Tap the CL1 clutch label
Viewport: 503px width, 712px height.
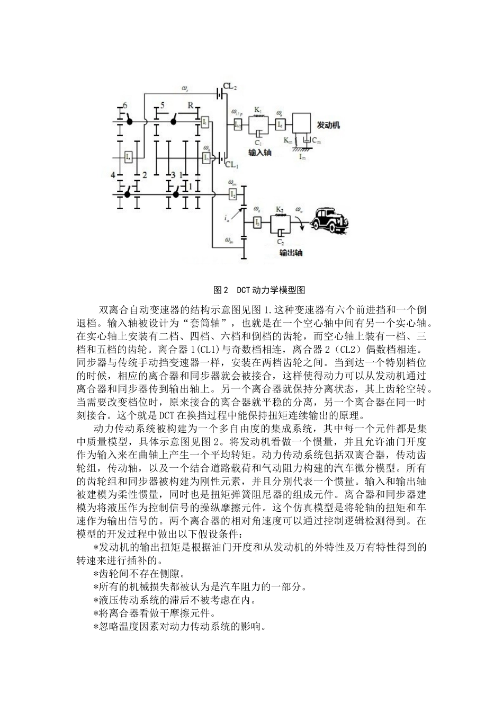pyautogui.click(x=231, y=165)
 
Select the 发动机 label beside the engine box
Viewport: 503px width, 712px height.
pyautogui.click(x=328, y=126)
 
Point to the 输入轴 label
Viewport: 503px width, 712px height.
pyautogui.click(x=260, y=153)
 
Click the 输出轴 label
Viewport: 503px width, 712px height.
pyautogui.click(x=290, y=253)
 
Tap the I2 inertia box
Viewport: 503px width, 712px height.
pyautogui.click(x=232, y=194)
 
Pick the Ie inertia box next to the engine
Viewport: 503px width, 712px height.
pyautogui.click(x=281, y=124)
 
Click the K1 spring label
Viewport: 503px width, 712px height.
pyautogui.click(x=257, y=110)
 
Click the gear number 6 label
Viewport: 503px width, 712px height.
pyautogui.click(x=125, y=105)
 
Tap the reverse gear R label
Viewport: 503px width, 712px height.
pyautogui.click(x=190, y=105)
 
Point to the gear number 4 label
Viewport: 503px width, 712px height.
pyautogui.click(x=113, y=175)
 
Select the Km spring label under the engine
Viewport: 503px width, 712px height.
pyautogui.click(x=287, y=140)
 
